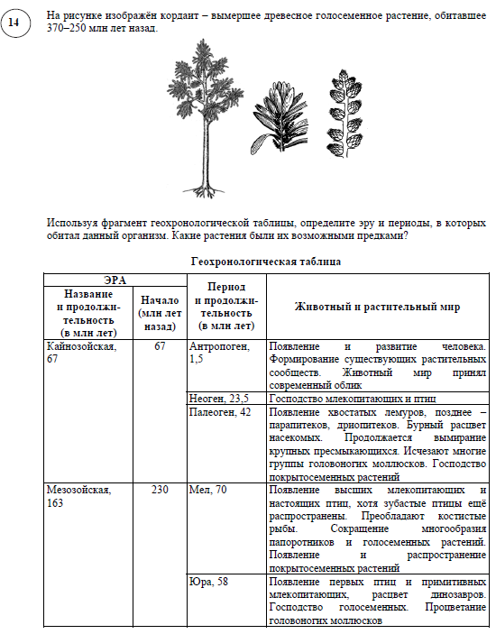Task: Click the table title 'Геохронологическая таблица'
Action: [x=266, y=262]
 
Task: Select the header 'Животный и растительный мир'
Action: [x=377, y=307]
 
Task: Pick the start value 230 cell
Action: [x=159, y=490]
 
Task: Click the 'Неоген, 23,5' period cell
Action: [x=219, y=398]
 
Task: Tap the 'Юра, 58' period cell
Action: [x=208, y=582]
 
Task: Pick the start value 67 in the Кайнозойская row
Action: [x=159, y=347]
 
